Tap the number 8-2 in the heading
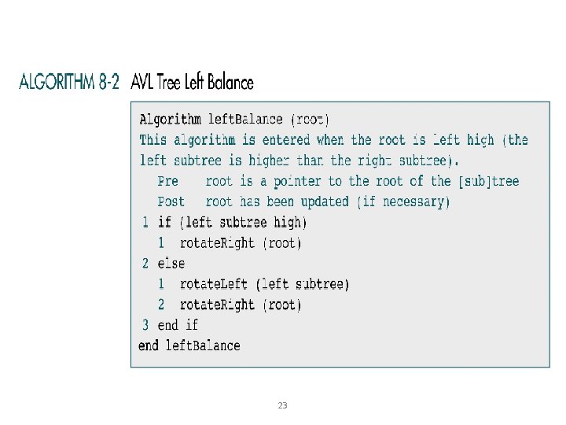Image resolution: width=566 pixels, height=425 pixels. (110, 82)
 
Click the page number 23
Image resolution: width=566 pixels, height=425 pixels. (283, 405)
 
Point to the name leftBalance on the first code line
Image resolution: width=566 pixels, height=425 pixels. (244, 120)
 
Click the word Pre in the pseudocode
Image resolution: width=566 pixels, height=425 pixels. (168, 181)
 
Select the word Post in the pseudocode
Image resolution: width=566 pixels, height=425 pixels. (171, 201)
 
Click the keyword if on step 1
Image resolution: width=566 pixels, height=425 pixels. (164, 223)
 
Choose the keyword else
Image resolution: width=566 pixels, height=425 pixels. (171, 264)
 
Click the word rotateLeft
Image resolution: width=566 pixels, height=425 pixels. (214, 284)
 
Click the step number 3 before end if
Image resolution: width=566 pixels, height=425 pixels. (145, 324)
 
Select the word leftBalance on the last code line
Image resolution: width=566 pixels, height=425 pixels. (202, 345)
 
